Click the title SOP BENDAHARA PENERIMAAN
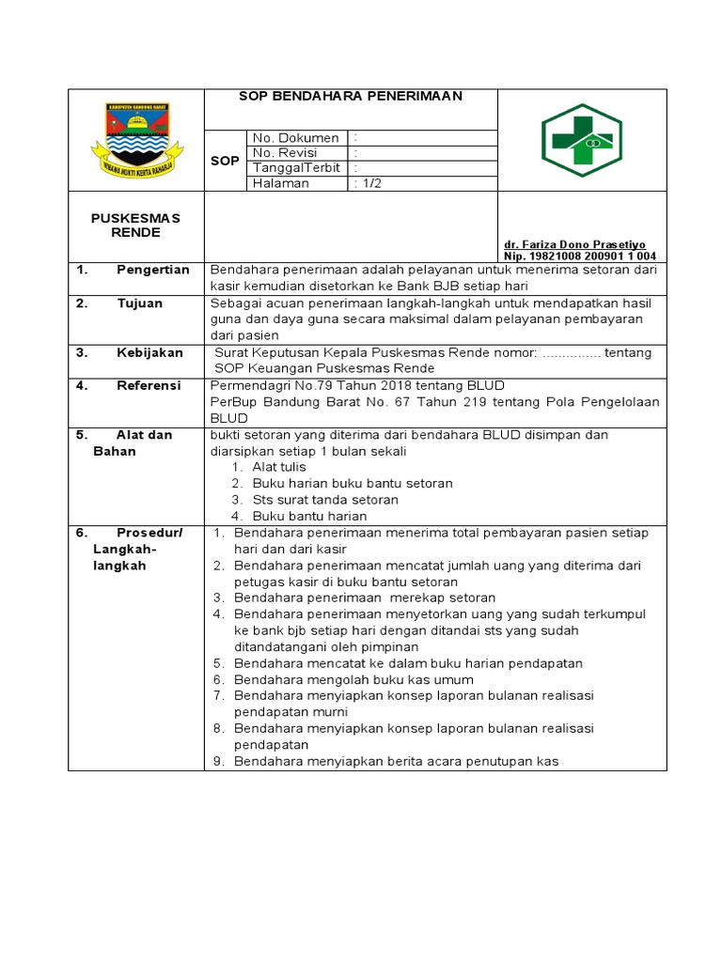coord(351,96)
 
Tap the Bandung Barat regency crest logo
coord(136,140)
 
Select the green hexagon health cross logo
coord(581,140)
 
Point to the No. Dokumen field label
coord(295,138)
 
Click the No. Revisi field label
coord(285,153)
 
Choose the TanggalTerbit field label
coord(296,168)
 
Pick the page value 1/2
coord(369,183)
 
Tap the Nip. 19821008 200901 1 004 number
coord(580,256)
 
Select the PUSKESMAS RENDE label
coord(135,225)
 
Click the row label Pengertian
coord(152,271)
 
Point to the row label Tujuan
coord(139,303)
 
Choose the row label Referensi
coord(149,385)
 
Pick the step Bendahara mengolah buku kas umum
coord(353,679)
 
